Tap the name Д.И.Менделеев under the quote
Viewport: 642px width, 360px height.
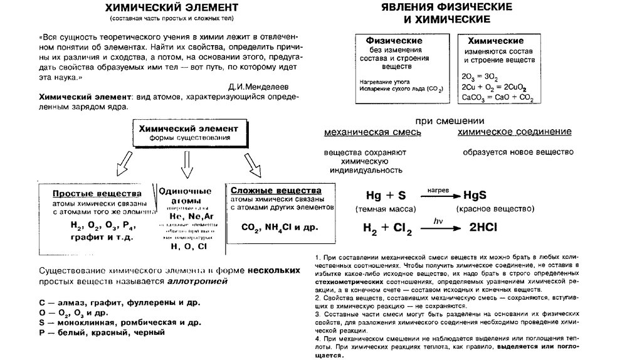[258, 83]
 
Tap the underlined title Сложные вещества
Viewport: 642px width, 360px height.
[276, 190]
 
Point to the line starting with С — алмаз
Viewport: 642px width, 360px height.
[110, 302]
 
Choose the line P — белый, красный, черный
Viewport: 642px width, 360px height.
[102, 332]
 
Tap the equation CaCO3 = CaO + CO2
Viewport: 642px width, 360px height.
[497, 98]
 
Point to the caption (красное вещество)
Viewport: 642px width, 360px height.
[495, 209]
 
